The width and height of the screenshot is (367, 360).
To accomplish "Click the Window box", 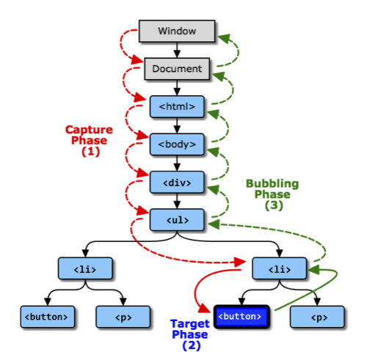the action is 177,31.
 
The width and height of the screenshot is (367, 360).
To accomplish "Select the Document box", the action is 177,69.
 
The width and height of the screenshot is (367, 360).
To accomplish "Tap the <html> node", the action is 177,106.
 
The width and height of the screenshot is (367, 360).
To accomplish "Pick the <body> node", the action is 177,144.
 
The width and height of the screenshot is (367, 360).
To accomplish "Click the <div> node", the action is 177,183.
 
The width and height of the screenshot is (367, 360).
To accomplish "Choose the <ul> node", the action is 177,220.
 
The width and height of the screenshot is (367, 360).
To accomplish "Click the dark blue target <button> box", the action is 241,317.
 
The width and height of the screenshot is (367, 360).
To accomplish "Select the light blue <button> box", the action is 48,317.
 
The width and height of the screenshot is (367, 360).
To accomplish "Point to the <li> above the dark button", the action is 280,268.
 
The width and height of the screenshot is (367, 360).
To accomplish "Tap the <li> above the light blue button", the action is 85,268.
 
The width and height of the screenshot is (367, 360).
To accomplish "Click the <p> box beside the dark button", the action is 317,317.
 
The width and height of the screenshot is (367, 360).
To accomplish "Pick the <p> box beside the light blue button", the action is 123,317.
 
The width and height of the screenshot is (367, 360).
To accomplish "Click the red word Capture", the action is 89,130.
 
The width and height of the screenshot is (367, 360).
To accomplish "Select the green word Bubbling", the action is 272,184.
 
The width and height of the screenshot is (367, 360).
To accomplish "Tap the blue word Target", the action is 190,324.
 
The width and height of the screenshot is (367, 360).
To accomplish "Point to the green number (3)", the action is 274,205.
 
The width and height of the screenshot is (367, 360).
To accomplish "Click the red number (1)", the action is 91,152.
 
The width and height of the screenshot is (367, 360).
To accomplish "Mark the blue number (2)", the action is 192,345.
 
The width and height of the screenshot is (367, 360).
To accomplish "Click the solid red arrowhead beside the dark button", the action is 204,308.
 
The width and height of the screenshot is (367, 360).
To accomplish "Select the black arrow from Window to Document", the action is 177,50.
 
